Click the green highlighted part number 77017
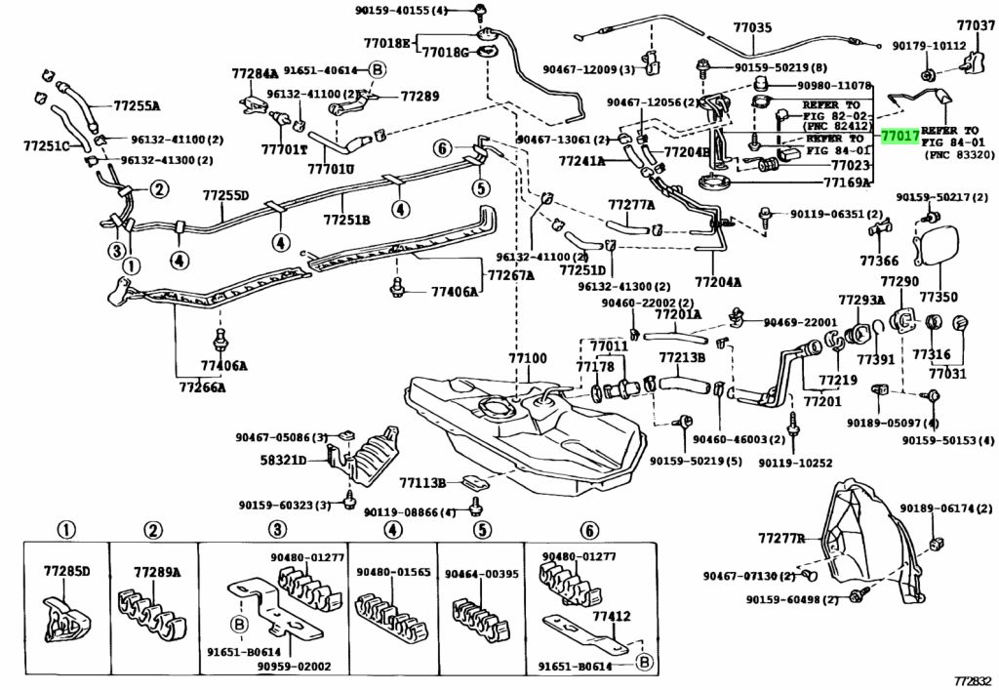click(899, 136)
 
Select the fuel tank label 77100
click(528, 359)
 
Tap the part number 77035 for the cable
click(752, 27)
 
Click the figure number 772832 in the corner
click(974, 681)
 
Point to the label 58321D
click(284, 460)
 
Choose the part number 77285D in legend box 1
click(67, 570)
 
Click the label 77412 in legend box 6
click(612, 616)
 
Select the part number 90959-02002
click(295, 667)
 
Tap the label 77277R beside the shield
click(781, 539)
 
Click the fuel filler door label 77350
click(939, 297)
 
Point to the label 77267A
click(511, 275)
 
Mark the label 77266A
click(202, 386)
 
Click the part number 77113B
click(423, 483)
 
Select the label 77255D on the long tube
click(226, 195)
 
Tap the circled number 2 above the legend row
click(153, 530)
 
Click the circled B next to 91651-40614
click(377, 70)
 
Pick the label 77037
click(976, 25)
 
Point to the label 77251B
click(346, 221)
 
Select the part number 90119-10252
click(795, 464)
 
